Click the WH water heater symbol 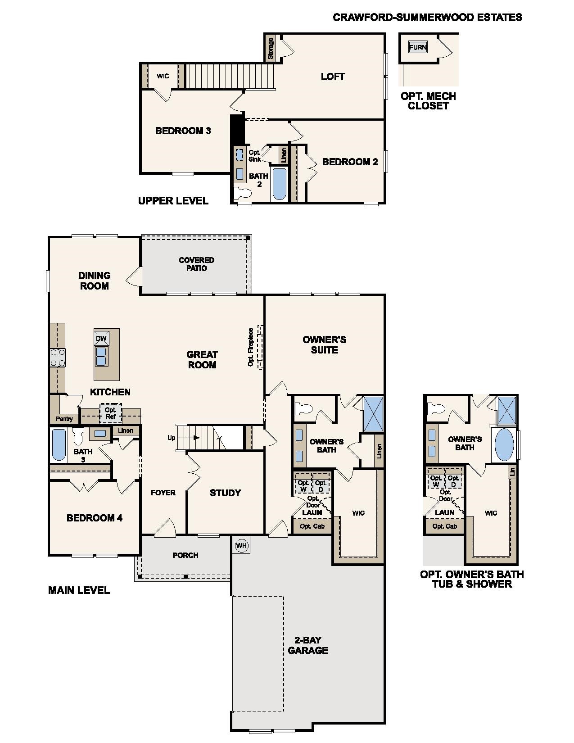(242, 546)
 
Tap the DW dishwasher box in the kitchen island (101, 339)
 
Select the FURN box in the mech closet (418, 47)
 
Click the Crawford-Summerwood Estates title (427, 17)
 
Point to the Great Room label (202, 360)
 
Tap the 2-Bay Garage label (308, 645)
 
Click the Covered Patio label (196, 264)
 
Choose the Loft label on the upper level (333, 77)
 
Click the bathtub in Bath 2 (279, 184)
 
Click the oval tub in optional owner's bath (504, 444)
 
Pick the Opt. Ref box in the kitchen (110, 413)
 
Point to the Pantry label (64, 419)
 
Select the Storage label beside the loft (271, 48)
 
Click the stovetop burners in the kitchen (57, 358)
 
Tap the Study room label (225, 493)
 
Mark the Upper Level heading (173, 201)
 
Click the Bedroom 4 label (95, 518)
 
